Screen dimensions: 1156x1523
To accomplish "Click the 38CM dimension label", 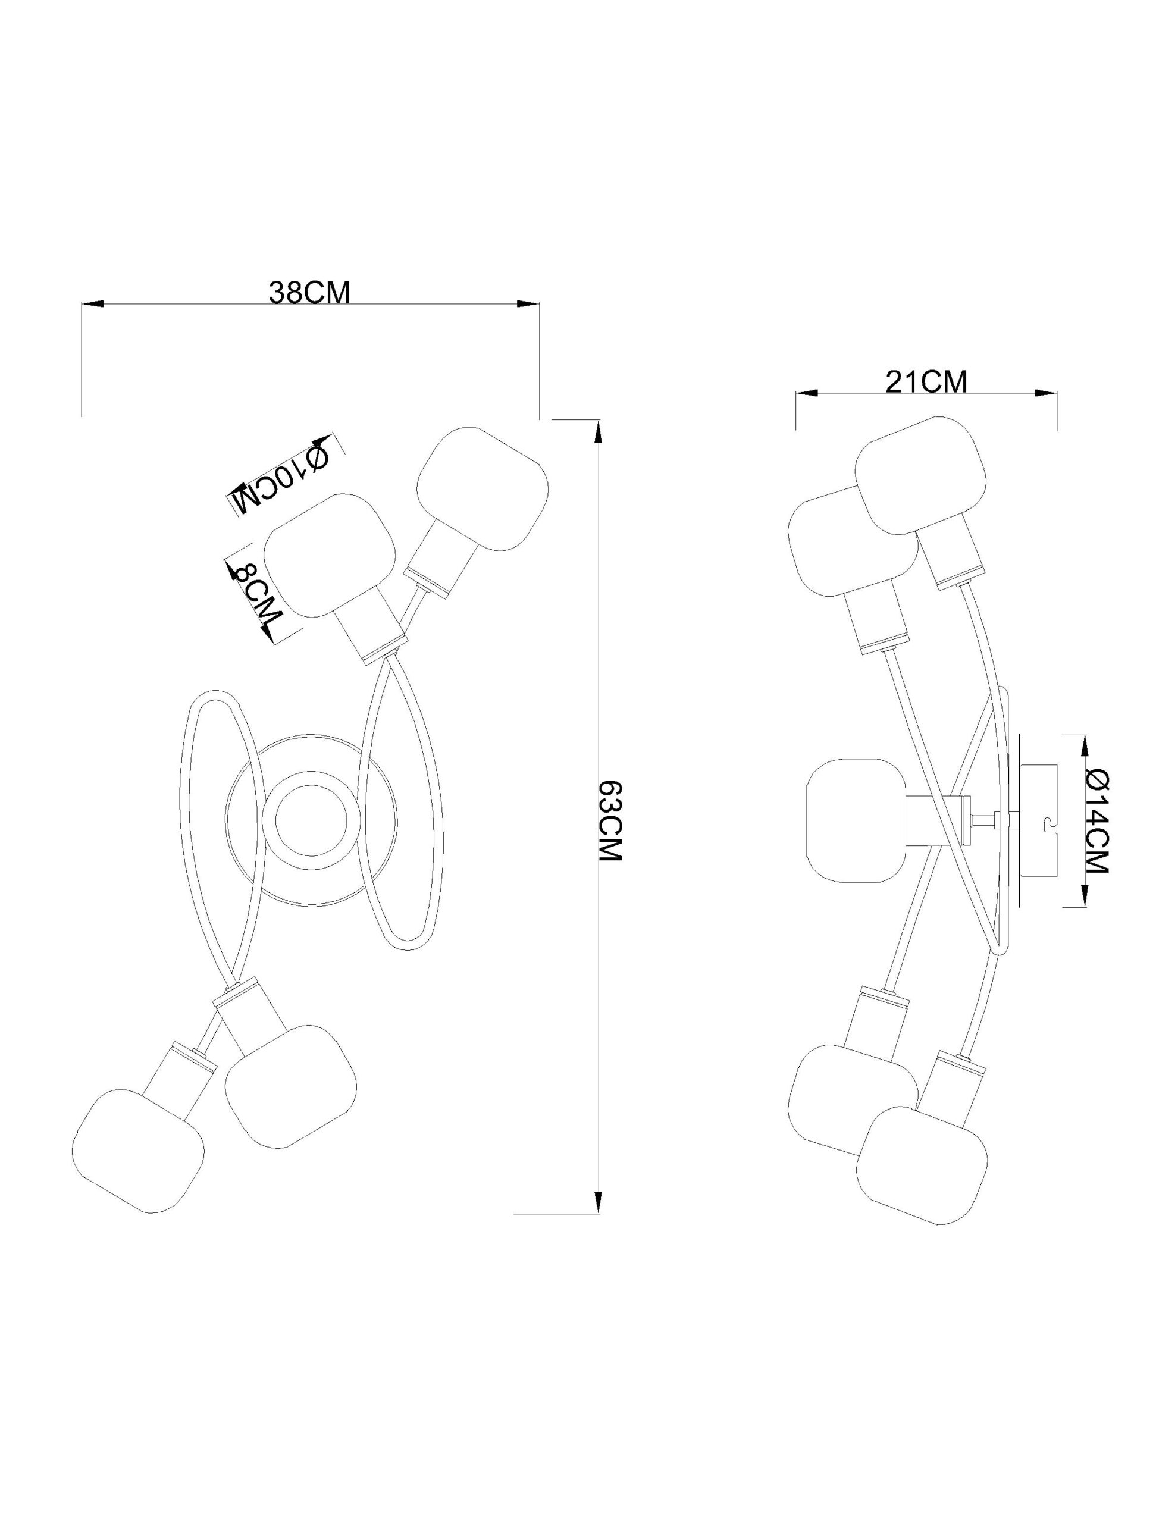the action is click(309, 293).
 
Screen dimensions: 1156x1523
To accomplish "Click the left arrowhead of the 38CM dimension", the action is click(92, 303).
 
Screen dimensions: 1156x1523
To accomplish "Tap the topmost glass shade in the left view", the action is click(483, 490).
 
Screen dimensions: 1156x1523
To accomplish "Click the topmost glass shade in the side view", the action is click(921, 476).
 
